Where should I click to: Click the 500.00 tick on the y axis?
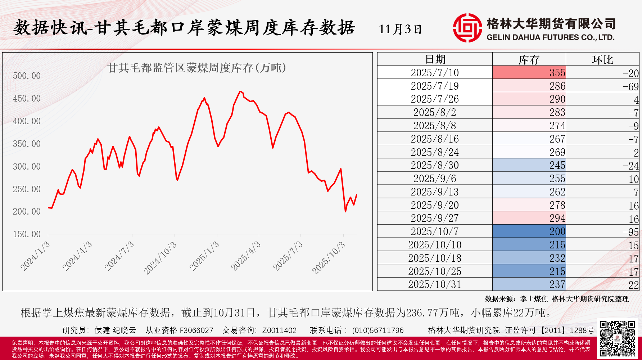(x=27, y=76)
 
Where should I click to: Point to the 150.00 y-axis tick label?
(x=27, y=234)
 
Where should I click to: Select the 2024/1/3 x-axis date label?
(x=35, y=256)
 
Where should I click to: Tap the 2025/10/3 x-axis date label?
(x=329, y=258)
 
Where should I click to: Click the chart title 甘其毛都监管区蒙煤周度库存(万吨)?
(x=197, y=68)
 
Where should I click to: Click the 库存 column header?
(x=529, y=59)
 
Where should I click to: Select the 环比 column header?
(x=602, y=59)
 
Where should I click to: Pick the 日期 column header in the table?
(x=435, y=59)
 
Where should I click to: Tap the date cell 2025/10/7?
(x=435, y=231)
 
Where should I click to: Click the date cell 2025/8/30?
(x=435, y=165)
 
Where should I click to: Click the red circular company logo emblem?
(x=467, y=28)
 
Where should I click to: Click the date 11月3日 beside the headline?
(x=400, y=29)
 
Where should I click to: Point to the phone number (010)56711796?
(x=378, y=330)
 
